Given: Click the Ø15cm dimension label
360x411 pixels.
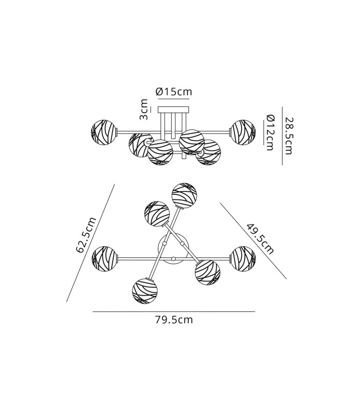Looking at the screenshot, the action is click(174, 91).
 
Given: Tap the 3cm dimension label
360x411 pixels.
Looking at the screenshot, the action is click(143, 109).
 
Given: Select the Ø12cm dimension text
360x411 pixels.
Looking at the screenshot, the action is click(269, 133).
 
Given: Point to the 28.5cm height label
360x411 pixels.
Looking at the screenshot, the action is click(289, 136).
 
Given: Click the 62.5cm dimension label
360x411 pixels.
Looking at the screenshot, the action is click(86, 235).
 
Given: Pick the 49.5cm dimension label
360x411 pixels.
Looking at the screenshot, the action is click(260, 238).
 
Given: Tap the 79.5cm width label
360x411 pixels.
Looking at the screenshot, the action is click(174, 320).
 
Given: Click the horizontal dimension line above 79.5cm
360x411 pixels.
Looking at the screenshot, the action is click(174, 312).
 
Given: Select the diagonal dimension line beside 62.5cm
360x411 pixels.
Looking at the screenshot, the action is click(91, 243).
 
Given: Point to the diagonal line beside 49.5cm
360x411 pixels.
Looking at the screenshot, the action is click(253, 240).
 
